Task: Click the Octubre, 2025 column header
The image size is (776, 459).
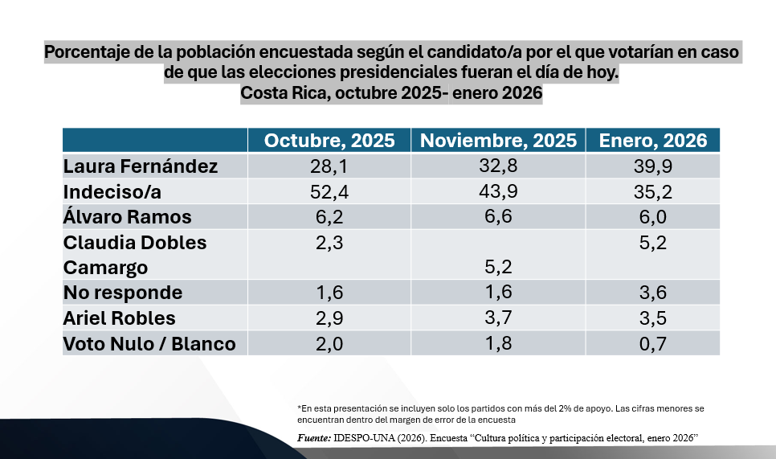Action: [x=329, y=141]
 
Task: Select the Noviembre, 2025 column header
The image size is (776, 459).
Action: [x=498, y=141]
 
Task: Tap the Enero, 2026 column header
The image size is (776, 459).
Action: [x=653, y=141]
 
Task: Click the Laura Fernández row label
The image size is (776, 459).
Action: [x=141, y=166]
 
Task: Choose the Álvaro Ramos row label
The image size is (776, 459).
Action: [x=128, y=217]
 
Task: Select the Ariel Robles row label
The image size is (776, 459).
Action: [x=119, y=318]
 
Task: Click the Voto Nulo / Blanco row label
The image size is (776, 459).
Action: [x=149, y=344]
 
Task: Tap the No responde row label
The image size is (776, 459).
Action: [x=123, y=293]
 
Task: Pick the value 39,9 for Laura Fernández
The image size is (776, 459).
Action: [x=652, y=166]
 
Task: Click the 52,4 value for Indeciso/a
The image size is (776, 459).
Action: [x=329, y=191]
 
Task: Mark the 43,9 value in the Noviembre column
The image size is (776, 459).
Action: [x=498, y=191]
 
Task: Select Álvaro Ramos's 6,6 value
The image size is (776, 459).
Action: [x=498, y=217]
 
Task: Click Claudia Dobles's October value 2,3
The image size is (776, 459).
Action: [x=329, y=242]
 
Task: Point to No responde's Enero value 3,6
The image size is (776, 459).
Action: [x=652, y=293]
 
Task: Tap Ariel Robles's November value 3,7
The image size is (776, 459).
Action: [x=498, y=318]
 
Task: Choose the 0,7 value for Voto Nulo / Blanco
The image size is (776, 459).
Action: [x=652, y=344]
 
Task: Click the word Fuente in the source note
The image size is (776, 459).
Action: [x=313, y=437]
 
